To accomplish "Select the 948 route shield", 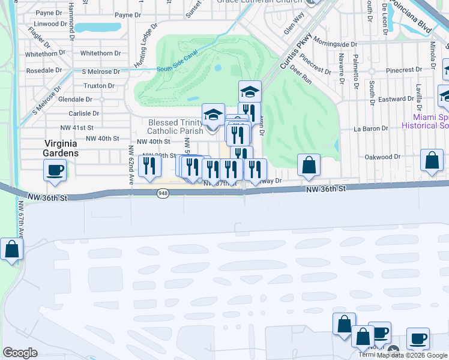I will pos(163,193).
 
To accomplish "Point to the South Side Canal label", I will pos(177,68).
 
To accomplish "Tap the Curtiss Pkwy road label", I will pos(298,49).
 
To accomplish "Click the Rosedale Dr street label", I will pos(44,70).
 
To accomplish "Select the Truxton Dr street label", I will pos(98,86).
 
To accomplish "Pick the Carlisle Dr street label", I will pos(83,113).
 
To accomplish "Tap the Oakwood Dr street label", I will pos(382,157).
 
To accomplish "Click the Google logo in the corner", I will pos(20,353).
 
